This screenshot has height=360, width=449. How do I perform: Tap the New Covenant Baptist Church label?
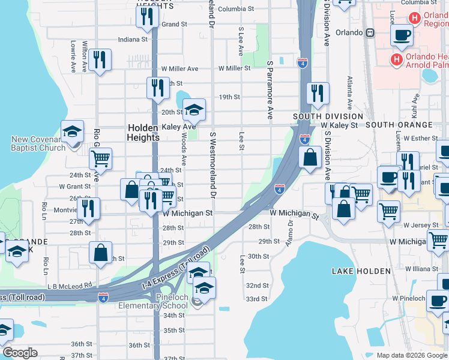pyautogui.click(x=38, y=143)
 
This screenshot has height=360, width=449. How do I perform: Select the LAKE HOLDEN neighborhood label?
pyautogui.click(x=361, y=271)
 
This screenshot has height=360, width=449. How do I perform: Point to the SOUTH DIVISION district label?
pyautogui.click(x=328, y=116)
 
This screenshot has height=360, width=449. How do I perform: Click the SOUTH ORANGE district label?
pyautogui.click(x=399, y=125)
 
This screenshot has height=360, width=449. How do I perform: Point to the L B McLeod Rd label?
pyautogui.click(x=70, y=286)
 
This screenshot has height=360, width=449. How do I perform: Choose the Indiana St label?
pyautogui.click(x=133, y=40)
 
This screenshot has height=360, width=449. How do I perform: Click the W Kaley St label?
pyautogui.click(x=339, y=125)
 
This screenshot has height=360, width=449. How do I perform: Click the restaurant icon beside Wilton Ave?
pyautogui.click(x=100, y=59)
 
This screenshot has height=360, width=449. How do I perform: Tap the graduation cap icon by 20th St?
pyautogui.click(x=194, y=110)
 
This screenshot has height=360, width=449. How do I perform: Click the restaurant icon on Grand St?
pyautogui.click(x=147, y=17)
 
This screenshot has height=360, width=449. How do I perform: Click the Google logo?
pyautogui.click(x=20, y=353)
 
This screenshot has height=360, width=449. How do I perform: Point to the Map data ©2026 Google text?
pyautogui.click(x=411, y=355)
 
